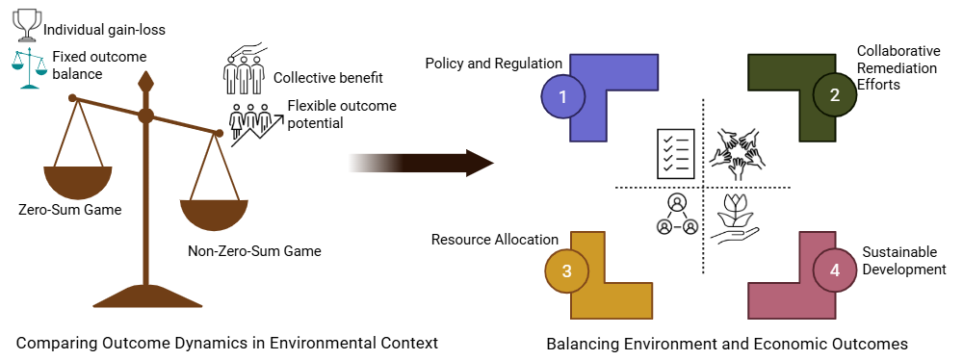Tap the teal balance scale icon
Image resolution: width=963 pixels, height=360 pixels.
click(29, 67)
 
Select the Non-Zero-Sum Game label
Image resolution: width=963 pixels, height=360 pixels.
click(254, 251)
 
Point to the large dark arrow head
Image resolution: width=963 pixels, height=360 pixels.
click(478, 163)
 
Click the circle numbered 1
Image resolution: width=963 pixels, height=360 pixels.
click(563, 95)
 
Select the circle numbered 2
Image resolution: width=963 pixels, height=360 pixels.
click(834, 95)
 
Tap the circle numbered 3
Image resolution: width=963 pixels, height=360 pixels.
click(566, 270)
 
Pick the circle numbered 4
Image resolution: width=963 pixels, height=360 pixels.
click(834, 270)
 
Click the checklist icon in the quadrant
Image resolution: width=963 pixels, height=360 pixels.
click(676, 153)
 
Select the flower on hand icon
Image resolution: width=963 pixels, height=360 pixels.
click(735, 220)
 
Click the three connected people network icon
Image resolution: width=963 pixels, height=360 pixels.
click(677, 215)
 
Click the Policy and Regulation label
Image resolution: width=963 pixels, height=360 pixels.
click(493, 64)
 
